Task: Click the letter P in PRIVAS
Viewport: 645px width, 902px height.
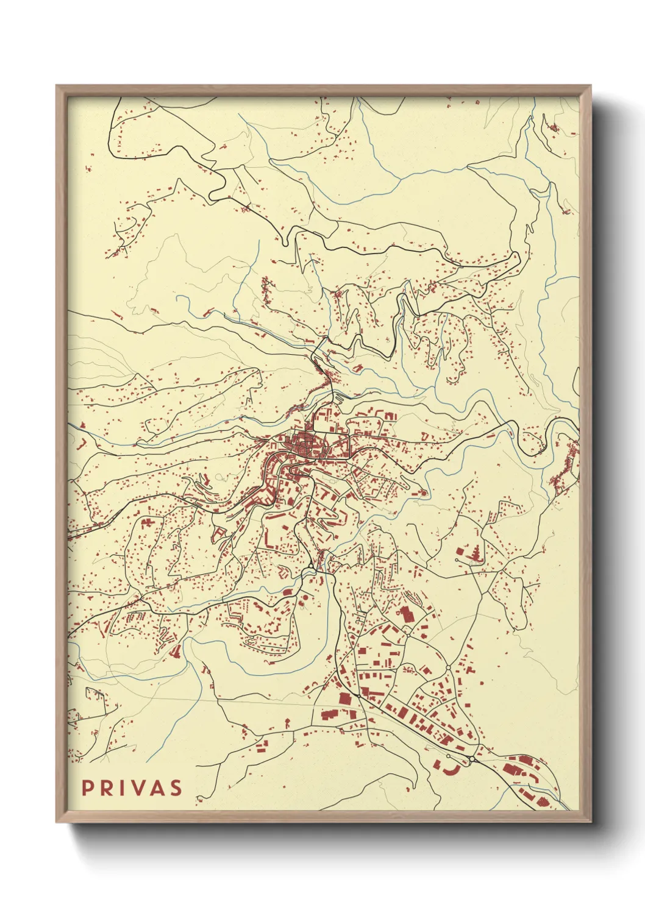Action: point(88,787)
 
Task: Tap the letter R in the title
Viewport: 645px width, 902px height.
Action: point(107,787)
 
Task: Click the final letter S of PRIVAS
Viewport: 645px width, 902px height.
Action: point(176,787)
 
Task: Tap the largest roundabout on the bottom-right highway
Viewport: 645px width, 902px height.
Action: point(472,759)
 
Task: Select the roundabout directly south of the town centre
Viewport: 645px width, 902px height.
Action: point(312,567)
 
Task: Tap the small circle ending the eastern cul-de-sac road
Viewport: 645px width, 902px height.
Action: point(457,559)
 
